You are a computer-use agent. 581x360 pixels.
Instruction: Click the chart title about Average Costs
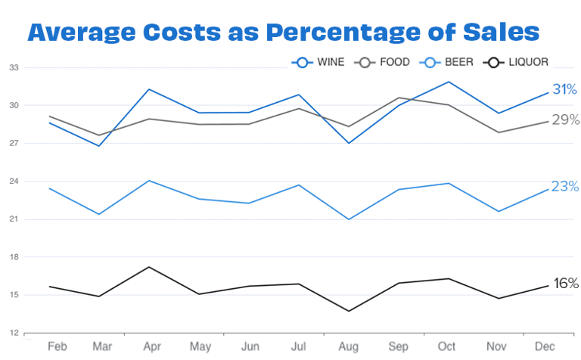pyautogui.click(x=284, y=33)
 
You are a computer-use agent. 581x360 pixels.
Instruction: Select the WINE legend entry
pyautogui.click(x=318, y=62)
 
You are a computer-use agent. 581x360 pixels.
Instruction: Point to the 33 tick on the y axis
pyautogui.click(x=14, y=68)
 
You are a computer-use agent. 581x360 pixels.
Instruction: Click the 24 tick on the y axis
pyautogui.click(x=14, y=182)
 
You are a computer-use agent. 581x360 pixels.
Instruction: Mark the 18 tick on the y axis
pyautogui.click(x=14, y=257)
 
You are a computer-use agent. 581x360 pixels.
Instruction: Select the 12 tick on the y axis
pyautogui.click(x=14, y=333)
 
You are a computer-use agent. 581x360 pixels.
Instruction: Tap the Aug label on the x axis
pyautogui.click(x=348, y=346)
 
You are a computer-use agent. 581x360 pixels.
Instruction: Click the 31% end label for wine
pyautogui.click(x=565, y=89)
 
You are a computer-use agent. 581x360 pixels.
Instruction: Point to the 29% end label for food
pyautogui.click(x=565, y=119)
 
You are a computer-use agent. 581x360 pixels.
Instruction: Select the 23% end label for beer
pyautogui.click(x=565, y=186)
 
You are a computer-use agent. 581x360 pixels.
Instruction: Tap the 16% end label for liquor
pyautogui.click(x=565, y=284)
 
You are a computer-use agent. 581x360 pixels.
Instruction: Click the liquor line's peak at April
pyautogui.click(x=150, y=267)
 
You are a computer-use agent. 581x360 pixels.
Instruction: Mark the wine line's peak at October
pyautogui.click(x=449, y=82)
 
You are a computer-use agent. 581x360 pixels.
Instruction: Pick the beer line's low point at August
pyautogui.click(x=349, y=219)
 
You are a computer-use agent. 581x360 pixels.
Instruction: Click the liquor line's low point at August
pyautogui.click(x=349, y=311)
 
